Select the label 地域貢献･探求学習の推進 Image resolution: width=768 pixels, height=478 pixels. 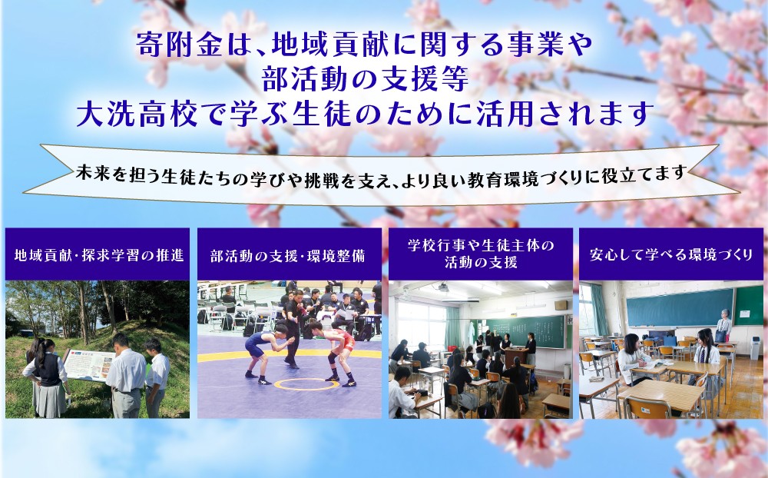(x=99, y=255)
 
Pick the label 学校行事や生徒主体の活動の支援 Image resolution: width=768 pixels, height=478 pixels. (x=481, y=254)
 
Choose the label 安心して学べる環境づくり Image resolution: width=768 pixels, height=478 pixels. (x=671, y=254)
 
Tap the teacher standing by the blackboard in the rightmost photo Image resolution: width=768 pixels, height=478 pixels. (x=723, y=324)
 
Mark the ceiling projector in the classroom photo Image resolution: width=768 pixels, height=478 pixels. (x=443, y=287)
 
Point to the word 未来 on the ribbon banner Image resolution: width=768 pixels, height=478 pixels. (x=93, y=173)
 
